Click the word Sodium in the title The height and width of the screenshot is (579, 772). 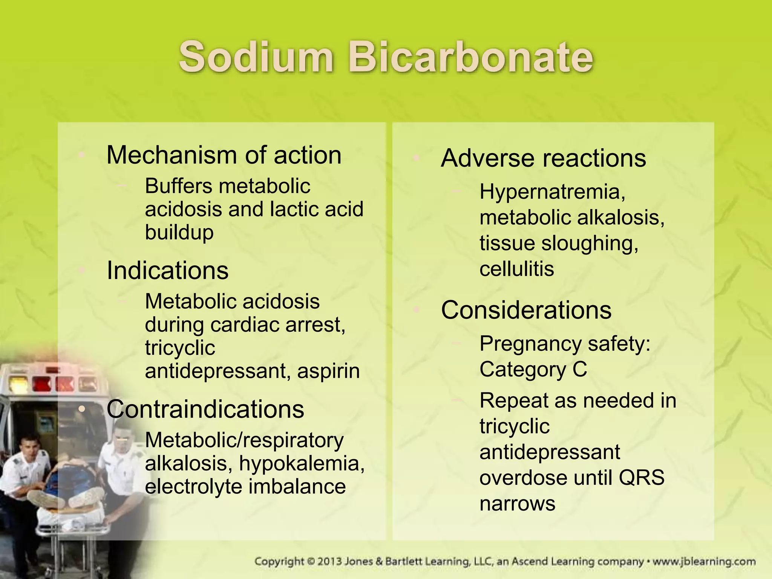click(x=256, y=57)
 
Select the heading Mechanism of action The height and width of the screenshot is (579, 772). click(x=224, y=155)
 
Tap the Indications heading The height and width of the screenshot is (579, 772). click(x=167, y=270)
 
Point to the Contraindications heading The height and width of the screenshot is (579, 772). click(x=205, y=409)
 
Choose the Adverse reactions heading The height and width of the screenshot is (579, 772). click(x=543, y=158)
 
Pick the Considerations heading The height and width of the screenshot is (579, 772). click(x=526, y=310)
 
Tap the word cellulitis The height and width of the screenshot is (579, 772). click(x=516, y=269)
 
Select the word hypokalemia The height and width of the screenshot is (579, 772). click(x=302, y=463)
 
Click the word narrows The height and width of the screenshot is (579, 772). click(x=517, y=503)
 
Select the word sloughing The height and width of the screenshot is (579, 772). click(x=590, y=243)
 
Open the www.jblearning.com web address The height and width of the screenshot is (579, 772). click(x=704, y=561)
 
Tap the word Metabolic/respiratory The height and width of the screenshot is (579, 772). click(x=244, y=440)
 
